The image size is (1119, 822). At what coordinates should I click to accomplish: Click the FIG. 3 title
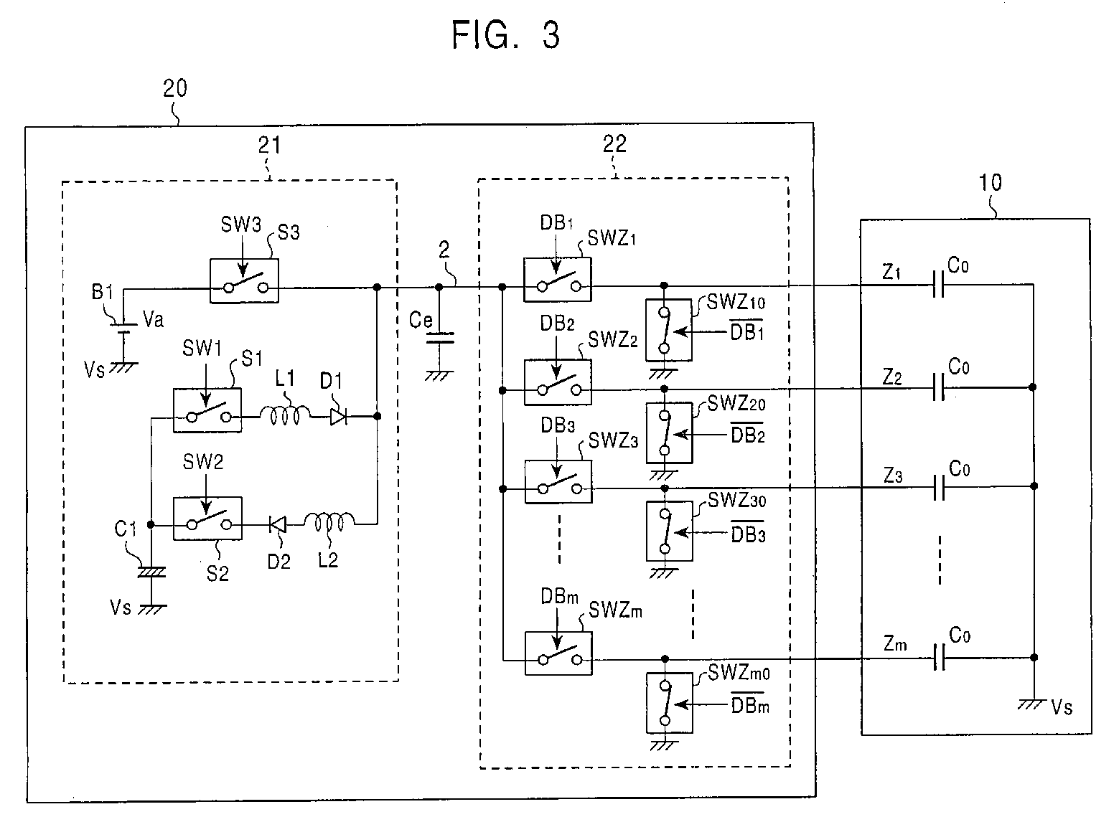505,35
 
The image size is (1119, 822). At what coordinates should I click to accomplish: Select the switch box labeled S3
244,280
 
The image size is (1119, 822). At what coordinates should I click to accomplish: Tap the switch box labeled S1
207,410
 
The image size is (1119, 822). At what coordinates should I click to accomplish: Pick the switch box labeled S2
208,518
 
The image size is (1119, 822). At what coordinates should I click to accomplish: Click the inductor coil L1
285,415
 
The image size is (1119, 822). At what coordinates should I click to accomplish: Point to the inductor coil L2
329,522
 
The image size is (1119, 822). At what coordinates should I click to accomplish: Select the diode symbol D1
339,416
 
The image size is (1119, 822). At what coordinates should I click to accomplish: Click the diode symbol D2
278,524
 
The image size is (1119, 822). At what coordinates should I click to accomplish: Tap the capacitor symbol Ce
439,338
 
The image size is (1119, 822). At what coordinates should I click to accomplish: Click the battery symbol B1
123,328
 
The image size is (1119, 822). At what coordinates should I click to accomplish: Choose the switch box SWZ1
558,280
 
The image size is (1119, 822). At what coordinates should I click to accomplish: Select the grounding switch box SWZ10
669,330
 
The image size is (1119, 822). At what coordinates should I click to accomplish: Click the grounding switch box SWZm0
670,703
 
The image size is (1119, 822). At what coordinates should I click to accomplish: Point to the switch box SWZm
558,653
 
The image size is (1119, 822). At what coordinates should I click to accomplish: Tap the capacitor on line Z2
939,388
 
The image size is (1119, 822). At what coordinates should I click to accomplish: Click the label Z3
893,475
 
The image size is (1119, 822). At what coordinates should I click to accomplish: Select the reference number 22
614,143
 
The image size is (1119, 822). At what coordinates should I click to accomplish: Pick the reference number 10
990,183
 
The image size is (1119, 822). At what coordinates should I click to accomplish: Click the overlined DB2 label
748,433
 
